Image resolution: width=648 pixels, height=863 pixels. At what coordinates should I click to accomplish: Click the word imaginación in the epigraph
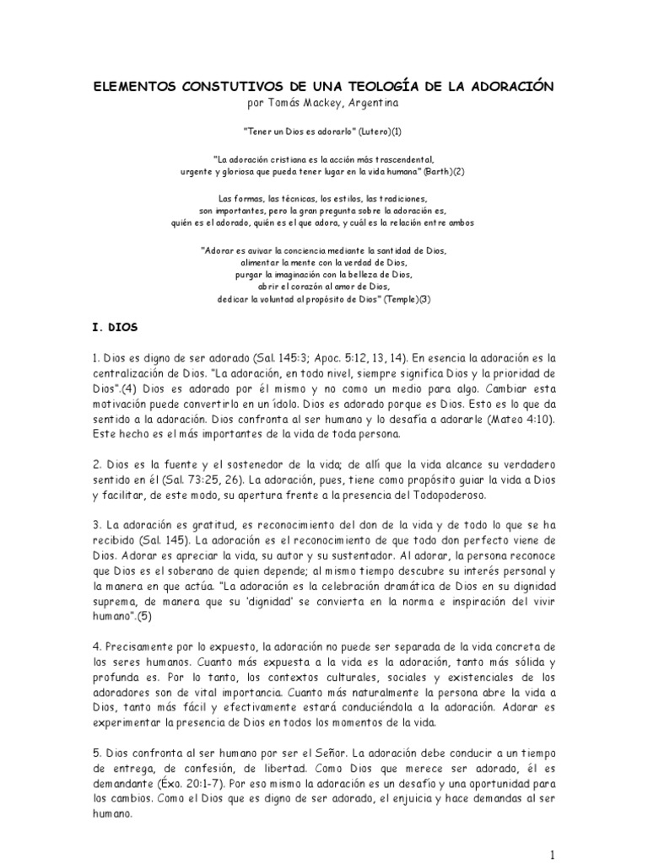click(x=304, y=275)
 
